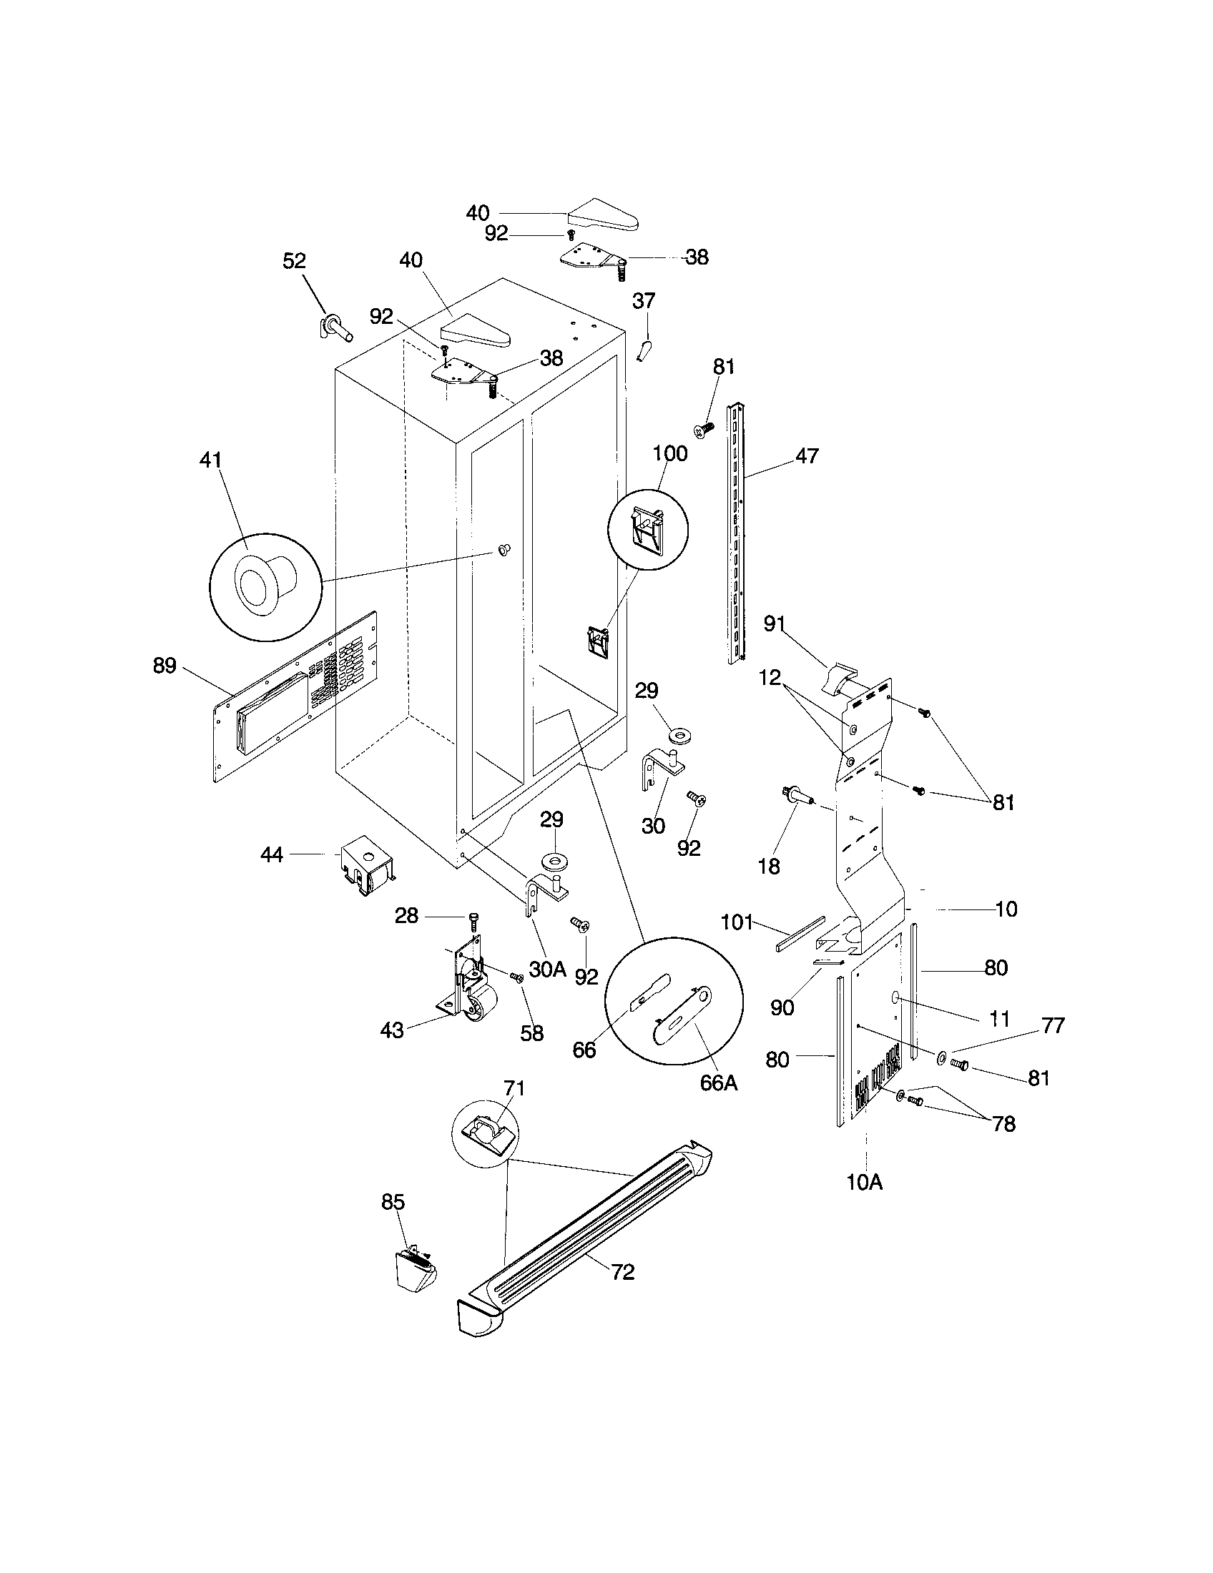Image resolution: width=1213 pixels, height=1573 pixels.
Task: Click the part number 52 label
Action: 294,261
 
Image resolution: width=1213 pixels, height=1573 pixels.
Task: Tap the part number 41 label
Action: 210,460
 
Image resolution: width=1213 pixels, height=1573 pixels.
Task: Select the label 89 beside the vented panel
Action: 164,666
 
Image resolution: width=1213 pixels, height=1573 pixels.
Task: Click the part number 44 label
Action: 272,854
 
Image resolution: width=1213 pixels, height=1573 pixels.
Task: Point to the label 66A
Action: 718,1083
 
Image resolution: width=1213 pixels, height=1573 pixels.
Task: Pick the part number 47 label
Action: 807,455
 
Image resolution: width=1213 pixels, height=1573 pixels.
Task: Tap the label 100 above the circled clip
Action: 670,454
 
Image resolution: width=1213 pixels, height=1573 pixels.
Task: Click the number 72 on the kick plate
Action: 623,1273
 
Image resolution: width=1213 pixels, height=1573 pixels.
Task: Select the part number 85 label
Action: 393,1202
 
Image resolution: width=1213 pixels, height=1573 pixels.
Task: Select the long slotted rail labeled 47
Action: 735,533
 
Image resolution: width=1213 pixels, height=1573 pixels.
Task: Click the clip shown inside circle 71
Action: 487,1131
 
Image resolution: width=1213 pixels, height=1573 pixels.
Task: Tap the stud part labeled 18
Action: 797,796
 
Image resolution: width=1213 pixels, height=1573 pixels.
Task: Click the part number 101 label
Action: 736,922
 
